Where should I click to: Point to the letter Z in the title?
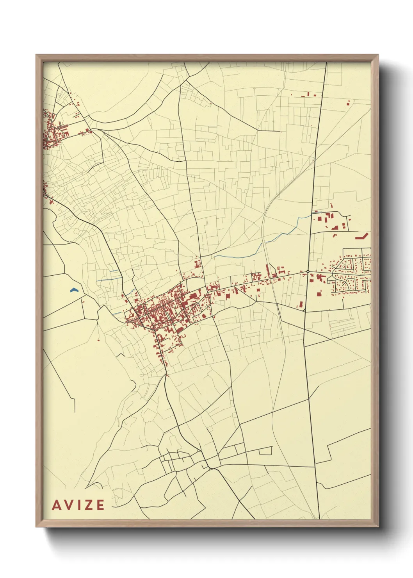pos(88,505)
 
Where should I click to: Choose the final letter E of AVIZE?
pos(100,505)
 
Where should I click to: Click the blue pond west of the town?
pos(73,290)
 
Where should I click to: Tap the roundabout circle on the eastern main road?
pos(308,271)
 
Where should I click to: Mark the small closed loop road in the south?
pos(265,451)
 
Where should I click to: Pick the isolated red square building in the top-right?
pos(348,103)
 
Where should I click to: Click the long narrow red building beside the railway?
pos(267,271)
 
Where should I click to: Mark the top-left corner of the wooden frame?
pos(36,55)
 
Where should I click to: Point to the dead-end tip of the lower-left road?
pos(75,412)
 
